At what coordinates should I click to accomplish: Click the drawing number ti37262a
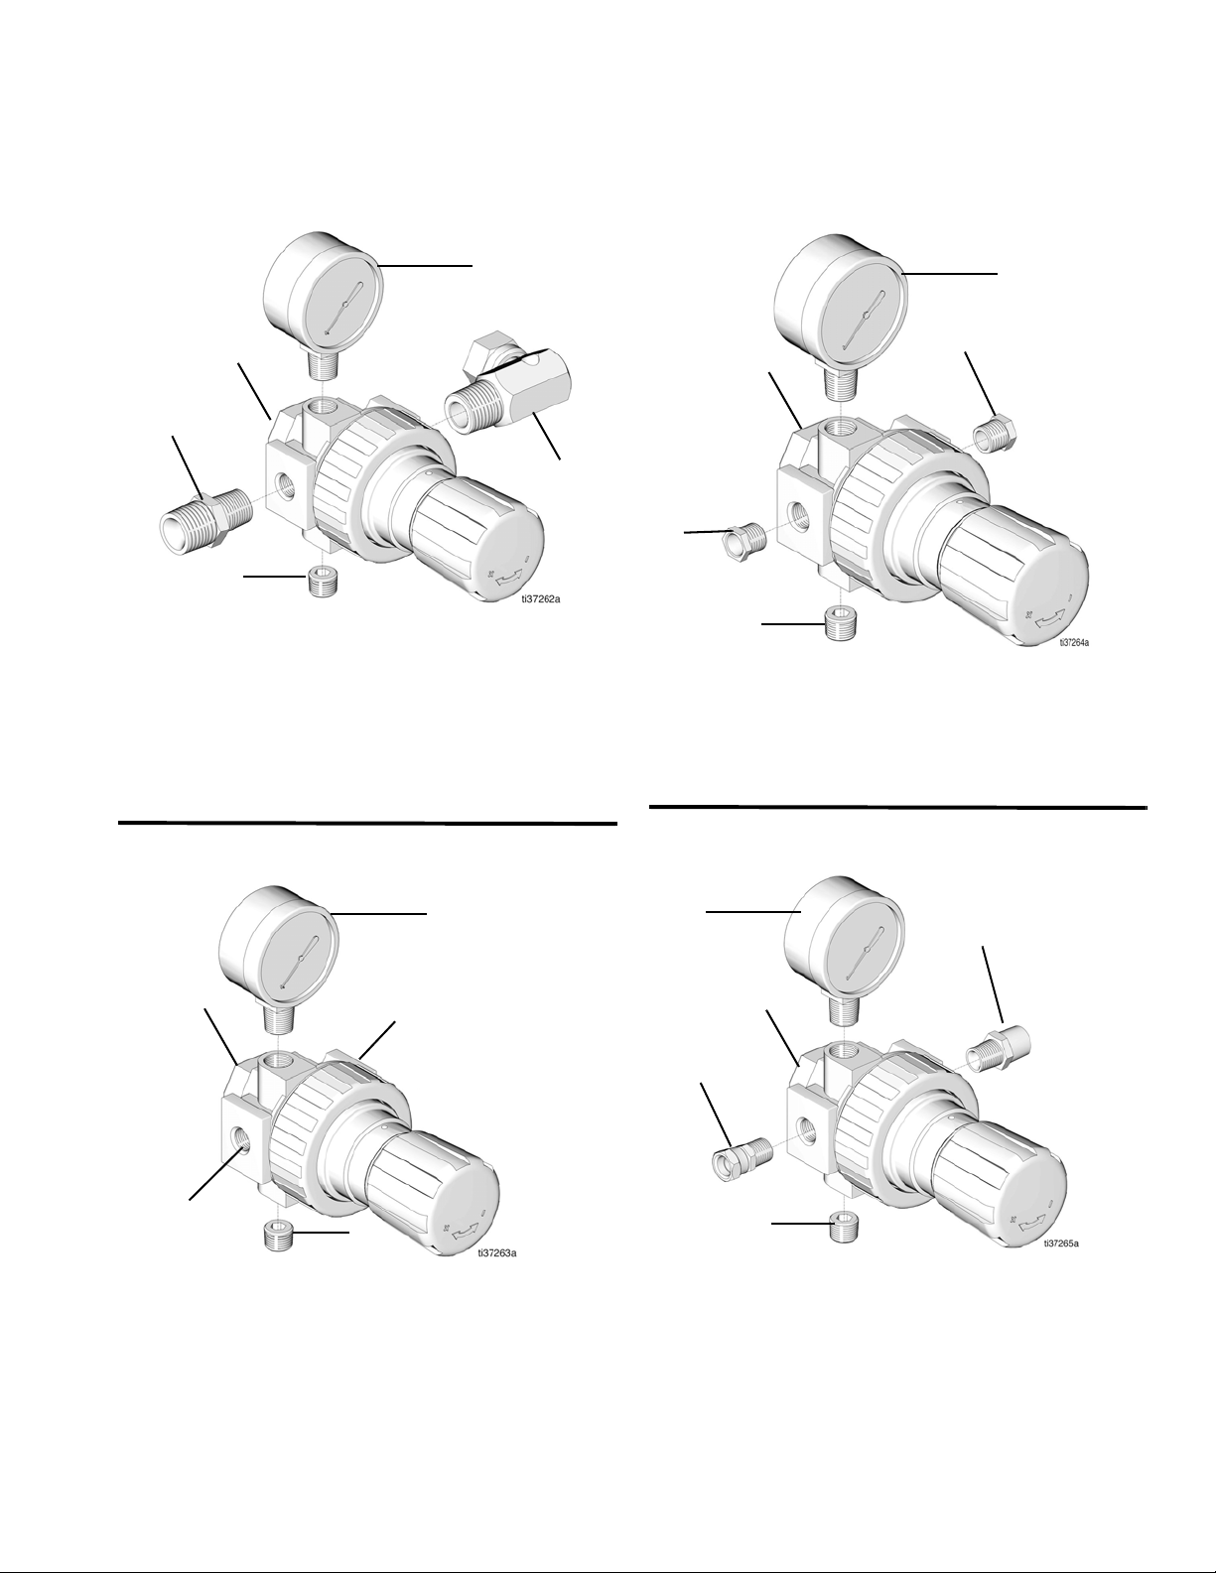tap(541, 599)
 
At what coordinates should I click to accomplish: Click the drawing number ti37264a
tap(1074, 642)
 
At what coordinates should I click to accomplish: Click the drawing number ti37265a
tap(1061, 1244)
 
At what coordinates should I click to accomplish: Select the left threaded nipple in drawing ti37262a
tap(204, 520)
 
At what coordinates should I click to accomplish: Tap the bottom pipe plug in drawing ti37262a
tap(320, 582)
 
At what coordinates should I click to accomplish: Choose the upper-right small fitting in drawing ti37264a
tap(996, 435)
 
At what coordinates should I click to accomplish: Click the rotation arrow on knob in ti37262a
tap(506, 577)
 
